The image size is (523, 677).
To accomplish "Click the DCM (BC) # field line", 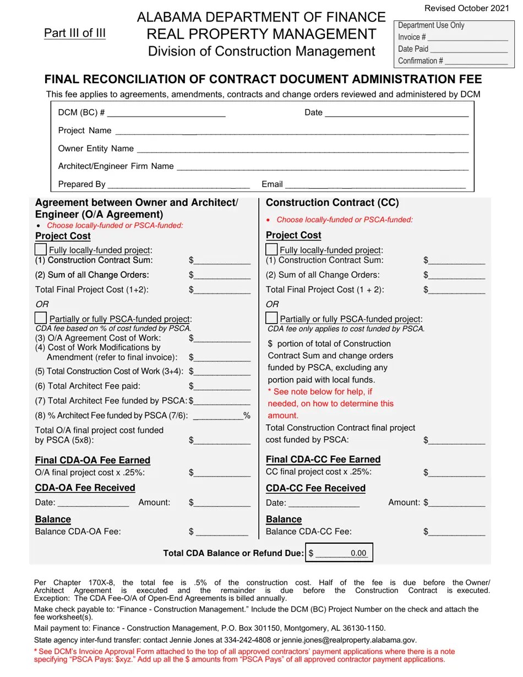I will click(166, 113).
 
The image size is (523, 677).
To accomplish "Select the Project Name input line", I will click(291, 131).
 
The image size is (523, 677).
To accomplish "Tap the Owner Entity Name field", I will click(302, 149).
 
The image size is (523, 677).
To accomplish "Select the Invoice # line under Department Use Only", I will click(467, 37).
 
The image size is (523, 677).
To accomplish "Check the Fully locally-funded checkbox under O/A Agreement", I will click(41, 249).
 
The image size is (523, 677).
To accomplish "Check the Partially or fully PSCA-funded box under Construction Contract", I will click(271, 318).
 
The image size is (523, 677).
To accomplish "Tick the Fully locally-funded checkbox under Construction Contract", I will click(272, 249).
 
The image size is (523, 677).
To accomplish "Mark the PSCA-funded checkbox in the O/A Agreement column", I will click(41, 318).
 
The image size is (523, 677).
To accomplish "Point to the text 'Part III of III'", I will click(75, 33).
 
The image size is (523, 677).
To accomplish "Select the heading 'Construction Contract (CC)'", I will click(332, 203).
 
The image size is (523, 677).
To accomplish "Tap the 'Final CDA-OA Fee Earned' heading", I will click(92, 460).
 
